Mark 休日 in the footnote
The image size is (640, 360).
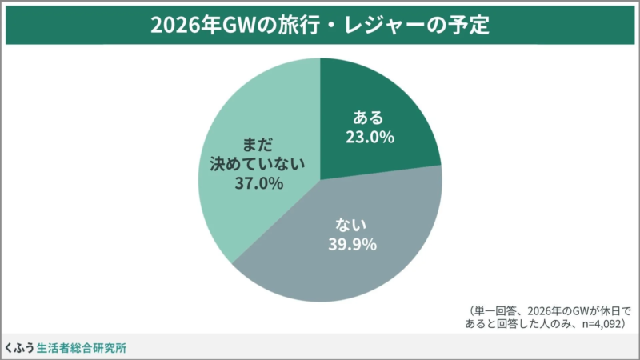(x=603, y=310)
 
